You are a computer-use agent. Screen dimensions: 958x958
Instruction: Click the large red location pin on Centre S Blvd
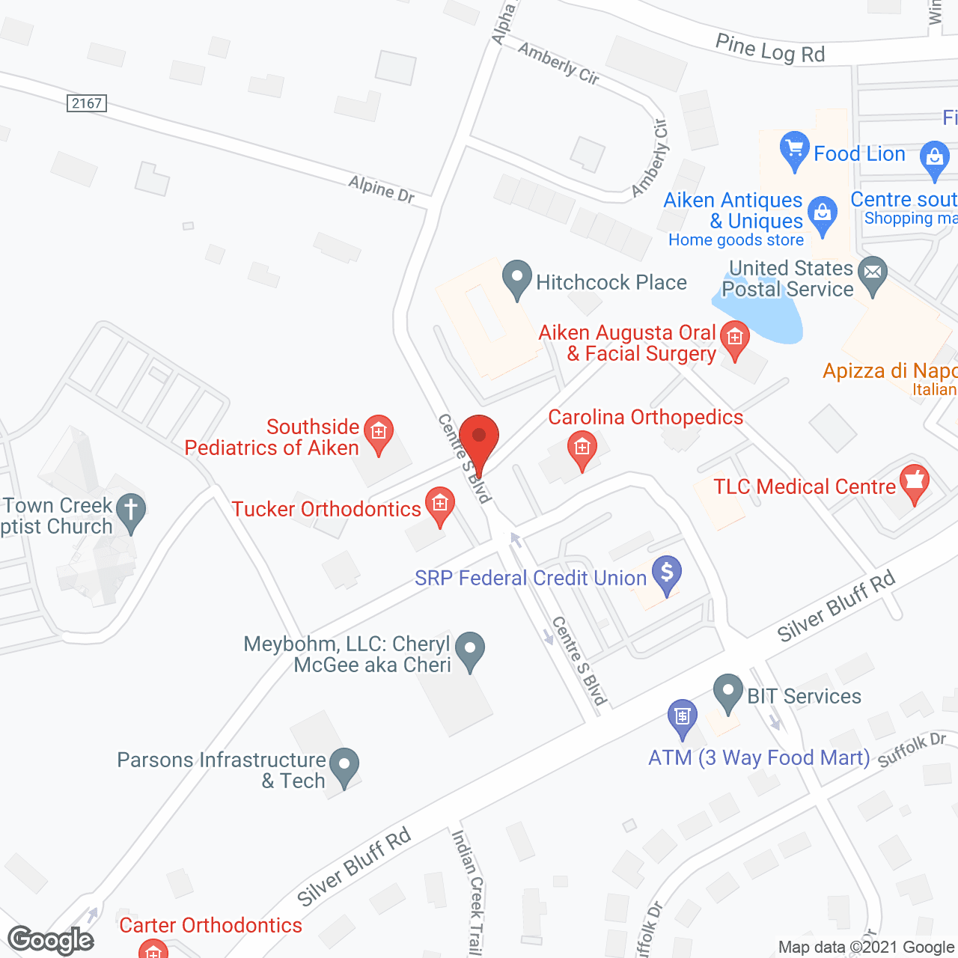tap(479, 437)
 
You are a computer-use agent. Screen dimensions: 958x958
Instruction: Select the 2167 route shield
tap(87, 103)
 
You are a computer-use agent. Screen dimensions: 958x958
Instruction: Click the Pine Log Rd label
tap(769, 49)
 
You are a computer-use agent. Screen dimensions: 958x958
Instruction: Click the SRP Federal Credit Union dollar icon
tap(666, 574)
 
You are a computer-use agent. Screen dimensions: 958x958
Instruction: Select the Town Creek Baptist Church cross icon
tap(131, 511)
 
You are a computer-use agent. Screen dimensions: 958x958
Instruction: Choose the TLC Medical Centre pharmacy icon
tap(914, 483)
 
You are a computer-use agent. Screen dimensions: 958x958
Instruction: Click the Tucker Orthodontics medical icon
tap(439, 504)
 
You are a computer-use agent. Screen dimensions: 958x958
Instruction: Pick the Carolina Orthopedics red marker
tap(582, 449)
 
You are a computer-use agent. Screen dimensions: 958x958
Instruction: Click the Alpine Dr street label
tap(381, 189)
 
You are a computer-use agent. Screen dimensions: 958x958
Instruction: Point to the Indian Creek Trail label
tap(467, 891)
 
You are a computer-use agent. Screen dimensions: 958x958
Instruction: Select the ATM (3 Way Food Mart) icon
tap(682, 716)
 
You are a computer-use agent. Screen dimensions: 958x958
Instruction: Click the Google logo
tap(51, 940)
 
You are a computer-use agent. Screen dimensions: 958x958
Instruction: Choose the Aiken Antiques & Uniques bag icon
tap(823, 214)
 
